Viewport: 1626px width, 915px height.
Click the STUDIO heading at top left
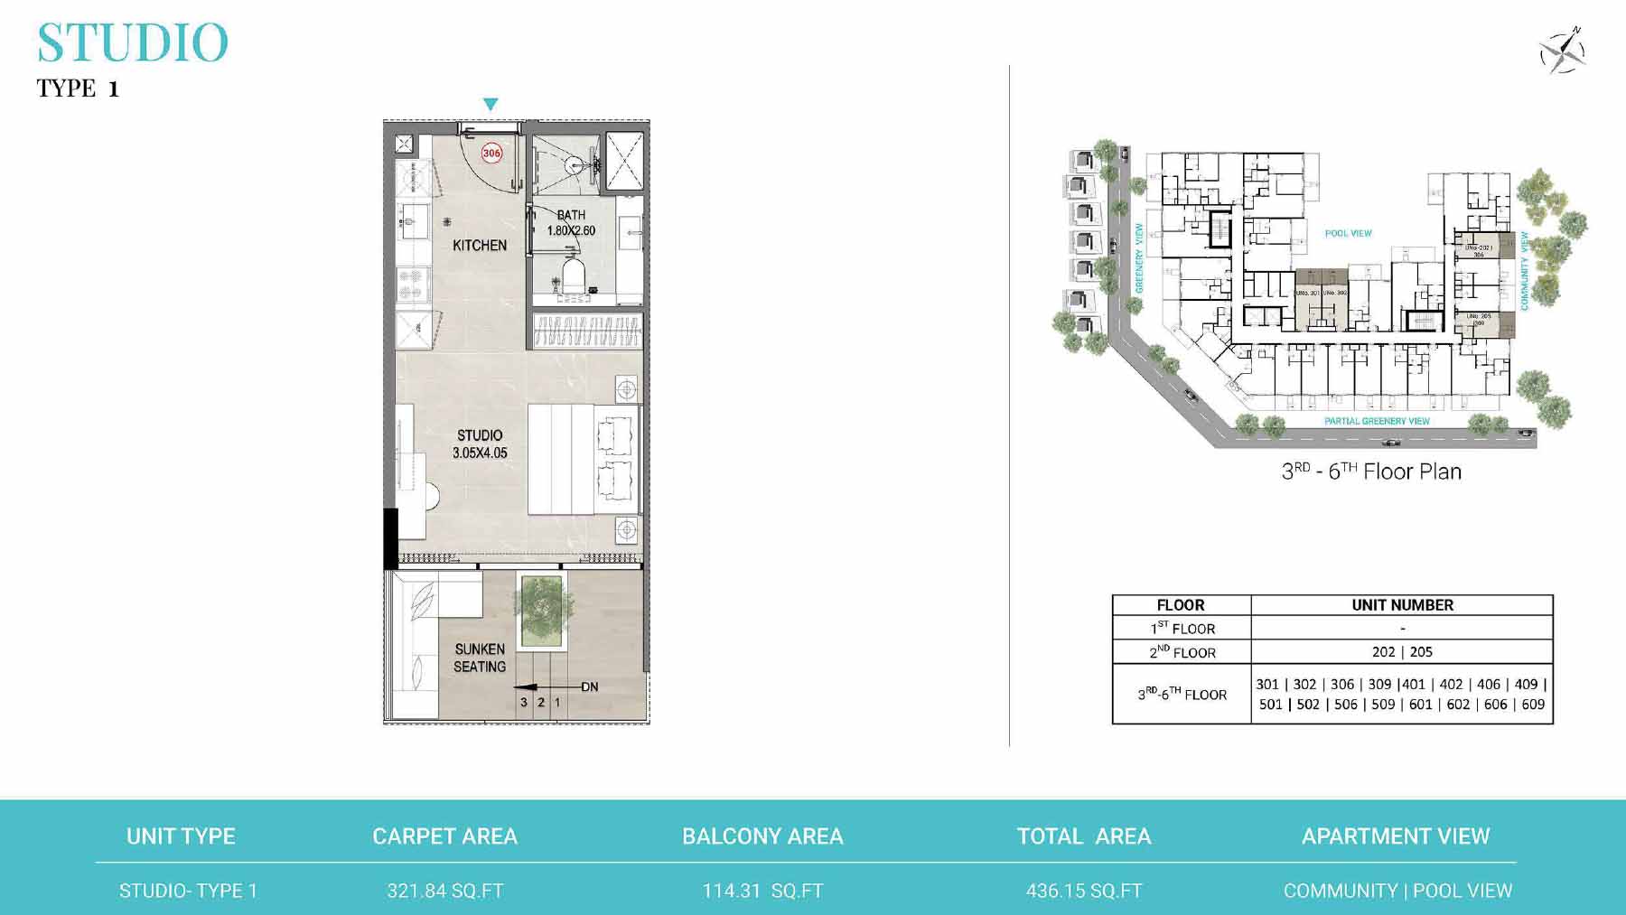click(x=133, y=42)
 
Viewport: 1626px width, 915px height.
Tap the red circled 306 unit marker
click(x=491, y=153)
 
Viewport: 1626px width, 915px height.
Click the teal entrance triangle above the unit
click(x=491, y=105)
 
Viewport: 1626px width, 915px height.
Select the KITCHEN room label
click(x=480, y=245)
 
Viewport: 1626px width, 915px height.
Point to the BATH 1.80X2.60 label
click(x=571, y=223)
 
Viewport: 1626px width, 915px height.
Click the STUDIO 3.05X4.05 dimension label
click(x=480, y=443)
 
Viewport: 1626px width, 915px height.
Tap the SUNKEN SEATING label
click(x=480, y=658)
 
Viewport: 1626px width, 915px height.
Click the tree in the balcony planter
click(x=542, y=600)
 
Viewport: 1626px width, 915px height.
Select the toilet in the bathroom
click(x=573, y=272)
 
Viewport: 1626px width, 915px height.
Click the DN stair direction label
click(x=589, y=686)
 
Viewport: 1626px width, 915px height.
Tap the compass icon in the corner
click(x=1563, y=51)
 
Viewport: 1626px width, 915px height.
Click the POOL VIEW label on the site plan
click(x=1348, y=233)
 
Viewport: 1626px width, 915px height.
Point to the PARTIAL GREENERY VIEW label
click(x=1377, y=421)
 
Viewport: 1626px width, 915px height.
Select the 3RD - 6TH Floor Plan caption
click(x=1371, y=472)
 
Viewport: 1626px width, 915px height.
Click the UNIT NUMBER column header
click(x=1402, y=605)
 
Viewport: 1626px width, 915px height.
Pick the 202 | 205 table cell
click(x=1402, y=651)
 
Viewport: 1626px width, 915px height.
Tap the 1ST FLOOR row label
click(x=1182, y=628)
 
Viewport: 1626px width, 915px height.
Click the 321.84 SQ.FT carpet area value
click(x=445, y=891)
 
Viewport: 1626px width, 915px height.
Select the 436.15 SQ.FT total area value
click(x=1084, y=891)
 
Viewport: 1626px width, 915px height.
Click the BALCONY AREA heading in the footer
click(x=762, y=836)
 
